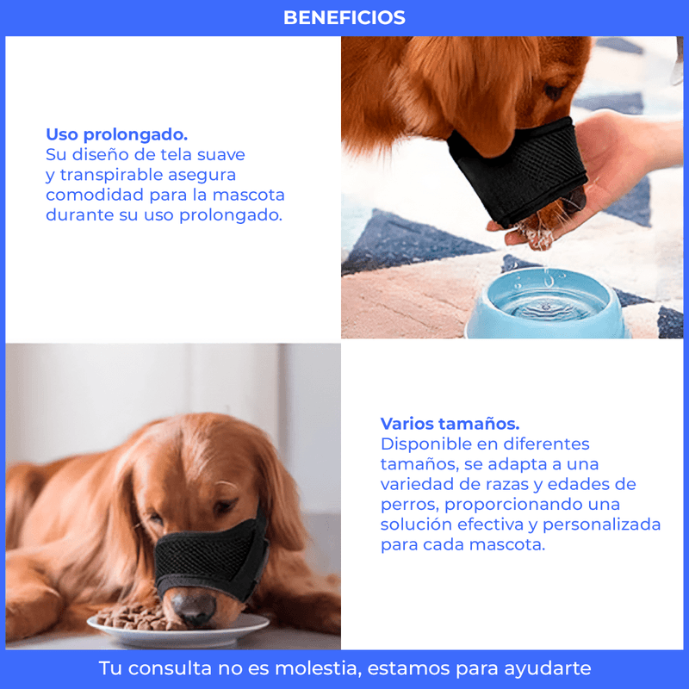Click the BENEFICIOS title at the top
(x=344, y=17)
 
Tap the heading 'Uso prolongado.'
(x=117, y=134)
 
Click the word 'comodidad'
(x=95, y=195)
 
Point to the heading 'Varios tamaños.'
(x=450, y=424)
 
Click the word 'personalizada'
(x=601, y=525)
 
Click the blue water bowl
(x=549, y=304)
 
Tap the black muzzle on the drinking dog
(x=517, y=171)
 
